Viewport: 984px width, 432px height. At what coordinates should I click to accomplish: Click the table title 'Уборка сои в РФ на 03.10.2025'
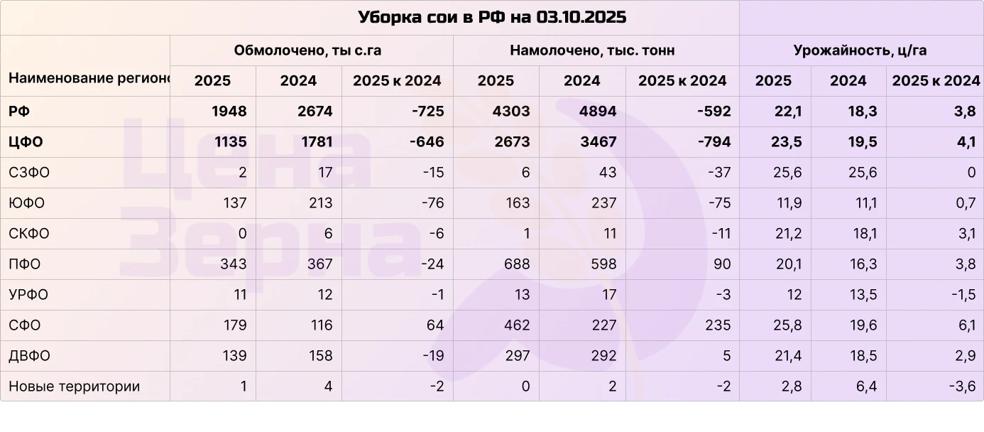coord(491,17)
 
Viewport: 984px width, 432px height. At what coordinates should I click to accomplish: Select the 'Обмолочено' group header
coord(312,50)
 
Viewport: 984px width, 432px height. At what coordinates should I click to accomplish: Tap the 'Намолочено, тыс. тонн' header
coord(592,50)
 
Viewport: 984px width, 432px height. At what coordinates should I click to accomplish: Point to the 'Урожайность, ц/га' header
coord(860,50)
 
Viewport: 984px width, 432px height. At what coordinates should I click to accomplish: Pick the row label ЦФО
coord(26,142)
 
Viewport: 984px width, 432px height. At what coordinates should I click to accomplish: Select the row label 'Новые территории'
coord(74,387)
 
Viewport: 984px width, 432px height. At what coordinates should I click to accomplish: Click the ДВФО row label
coord(29,356)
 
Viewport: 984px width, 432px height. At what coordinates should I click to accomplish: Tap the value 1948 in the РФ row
coord(229,112)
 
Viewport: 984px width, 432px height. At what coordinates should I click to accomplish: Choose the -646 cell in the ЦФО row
coord(427,142)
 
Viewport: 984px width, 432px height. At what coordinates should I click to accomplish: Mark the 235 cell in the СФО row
coord(718,325)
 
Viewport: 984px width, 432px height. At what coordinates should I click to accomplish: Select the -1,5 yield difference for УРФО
coord(962,295)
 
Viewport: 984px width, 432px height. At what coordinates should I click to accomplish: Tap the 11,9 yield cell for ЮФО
coord(788,203)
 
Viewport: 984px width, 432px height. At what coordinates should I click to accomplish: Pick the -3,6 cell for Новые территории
coord(962,387)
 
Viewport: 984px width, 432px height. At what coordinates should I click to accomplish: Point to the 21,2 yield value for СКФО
coord(788,234)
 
